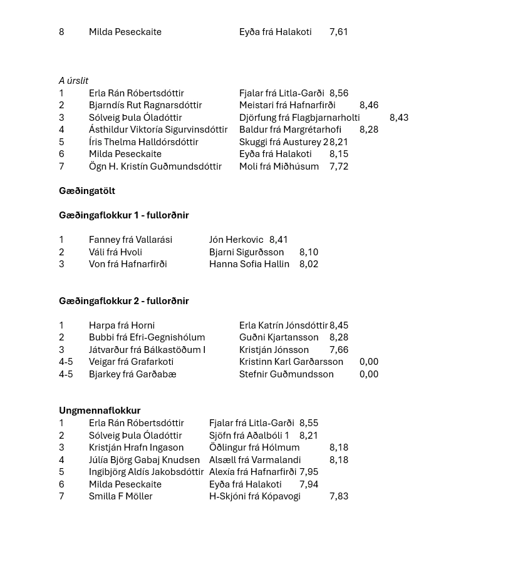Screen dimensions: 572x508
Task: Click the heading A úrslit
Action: (73, 81)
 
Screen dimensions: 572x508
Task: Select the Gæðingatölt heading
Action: (87, 191)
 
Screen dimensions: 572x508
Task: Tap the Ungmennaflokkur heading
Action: (100, 411)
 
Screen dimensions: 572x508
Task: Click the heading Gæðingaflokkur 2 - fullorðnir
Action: (124, 301)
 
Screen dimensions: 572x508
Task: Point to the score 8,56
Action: (339, 93)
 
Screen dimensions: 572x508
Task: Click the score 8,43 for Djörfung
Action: (399, 118)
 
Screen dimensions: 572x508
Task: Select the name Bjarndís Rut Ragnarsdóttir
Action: (145, 105)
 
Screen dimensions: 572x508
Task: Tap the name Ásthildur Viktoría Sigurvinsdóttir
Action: (158, 130)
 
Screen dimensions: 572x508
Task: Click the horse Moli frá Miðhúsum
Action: (279, 166)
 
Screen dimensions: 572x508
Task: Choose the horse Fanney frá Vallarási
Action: (130, 240)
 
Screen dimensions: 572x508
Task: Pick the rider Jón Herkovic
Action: (236, 240)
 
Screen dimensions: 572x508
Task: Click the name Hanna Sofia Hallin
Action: (249, 264)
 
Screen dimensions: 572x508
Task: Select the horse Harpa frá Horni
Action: (122, 325)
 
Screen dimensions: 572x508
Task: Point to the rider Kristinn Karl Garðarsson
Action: (291, 362)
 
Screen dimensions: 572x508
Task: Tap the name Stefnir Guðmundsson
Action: (286, 374)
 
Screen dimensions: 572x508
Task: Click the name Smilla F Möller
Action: (120, 496)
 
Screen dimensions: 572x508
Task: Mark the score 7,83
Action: (339, 496)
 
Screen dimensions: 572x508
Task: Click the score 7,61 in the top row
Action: (339, 32)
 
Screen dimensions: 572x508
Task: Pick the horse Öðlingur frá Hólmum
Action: (254, 447)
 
